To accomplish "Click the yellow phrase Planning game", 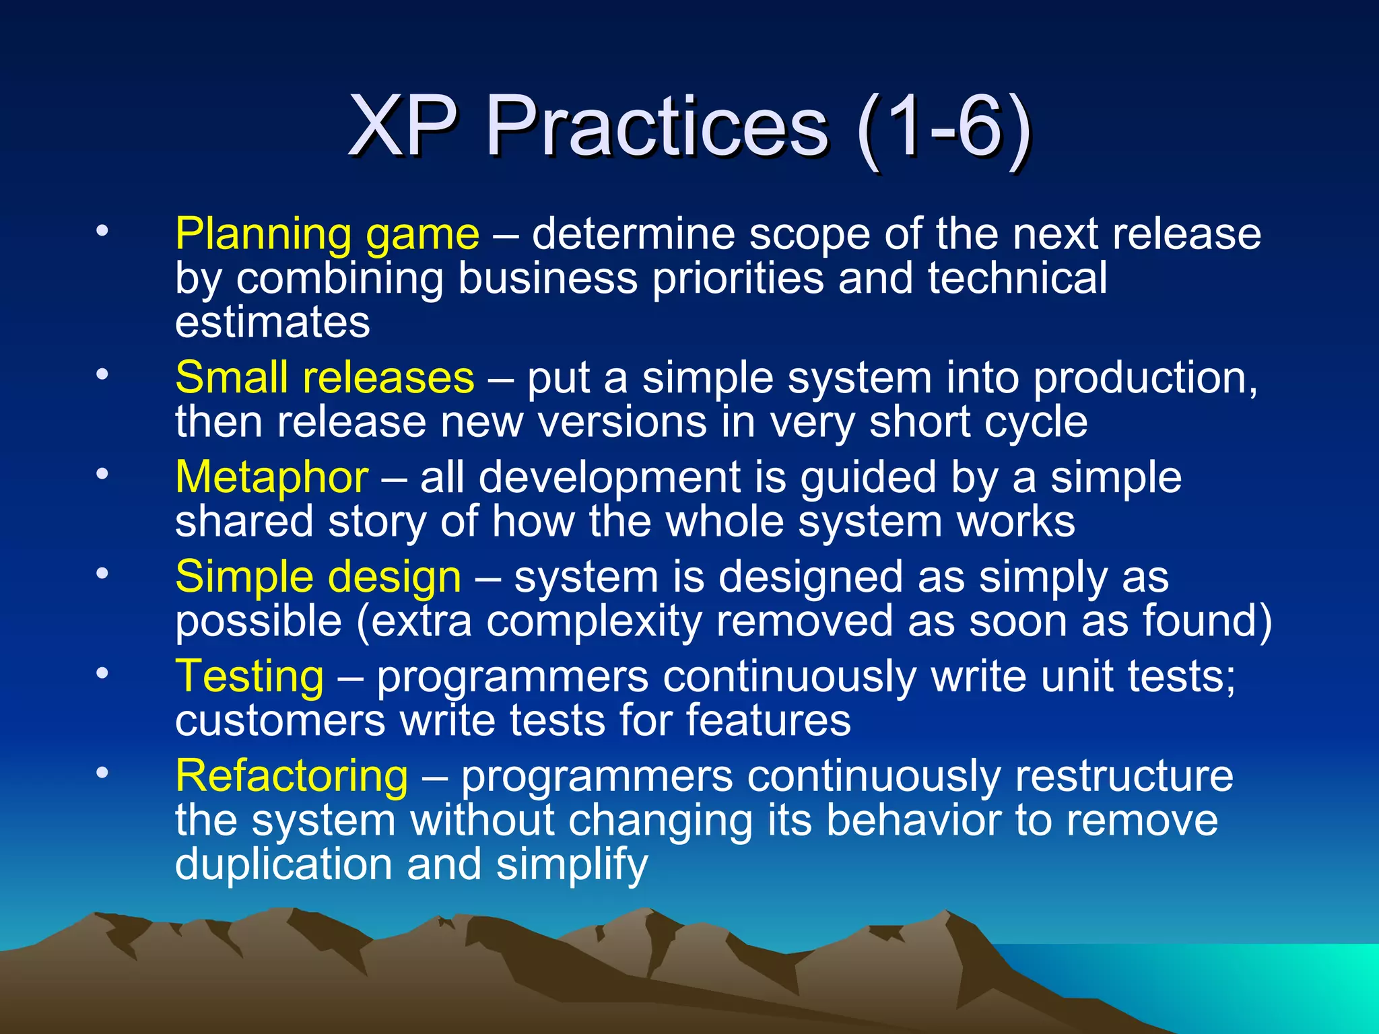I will click(327, 235).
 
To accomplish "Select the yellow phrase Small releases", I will click(325, 378).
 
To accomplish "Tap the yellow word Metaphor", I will click(271, 477).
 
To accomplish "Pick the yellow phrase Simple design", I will click(318, 578).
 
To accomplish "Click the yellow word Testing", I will click(249, 677).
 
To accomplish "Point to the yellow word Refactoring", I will click(291, 776).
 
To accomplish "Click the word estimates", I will click(272, 322).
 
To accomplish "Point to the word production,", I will click(1145, 378).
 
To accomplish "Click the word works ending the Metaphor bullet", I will click(1016, 522).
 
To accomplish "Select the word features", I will click(768, 720).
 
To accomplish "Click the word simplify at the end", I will click(572, 864).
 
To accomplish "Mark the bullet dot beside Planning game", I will click(102, 232).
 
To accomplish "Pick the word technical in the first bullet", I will click(1017, 279).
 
